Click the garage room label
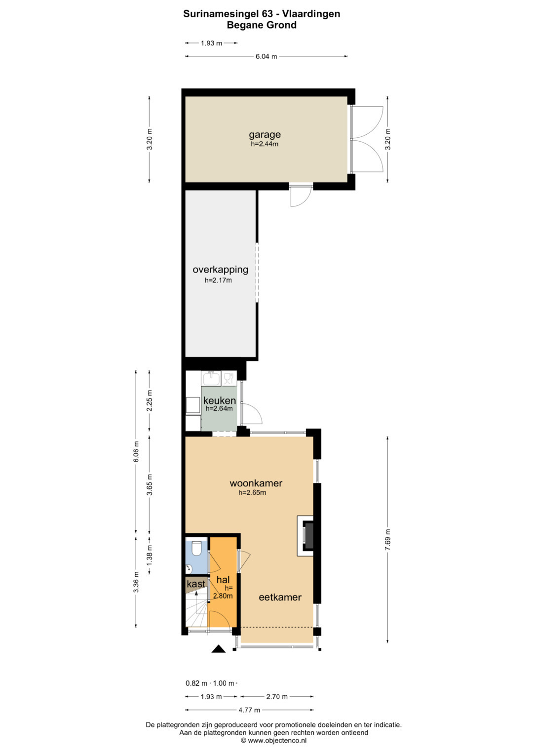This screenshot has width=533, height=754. [x=265, y=135]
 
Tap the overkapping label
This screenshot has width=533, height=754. [x=221, y=270]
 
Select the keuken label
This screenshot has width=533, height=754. [x=220, y=400]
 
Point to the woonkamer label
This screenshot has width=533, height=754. [x=256, y=483]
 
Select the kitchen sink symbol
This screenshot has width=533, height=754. [x=211, y=378]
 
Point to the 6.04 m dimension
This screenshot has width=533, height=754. [x=266, y=57]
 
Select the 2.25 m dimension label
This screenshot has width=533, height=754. [x=150, y=400]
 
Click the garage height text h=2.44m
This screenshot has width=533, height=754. [x=265, y=144]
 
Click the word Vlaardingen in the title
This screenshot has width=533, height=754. [x=311, y=14]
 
